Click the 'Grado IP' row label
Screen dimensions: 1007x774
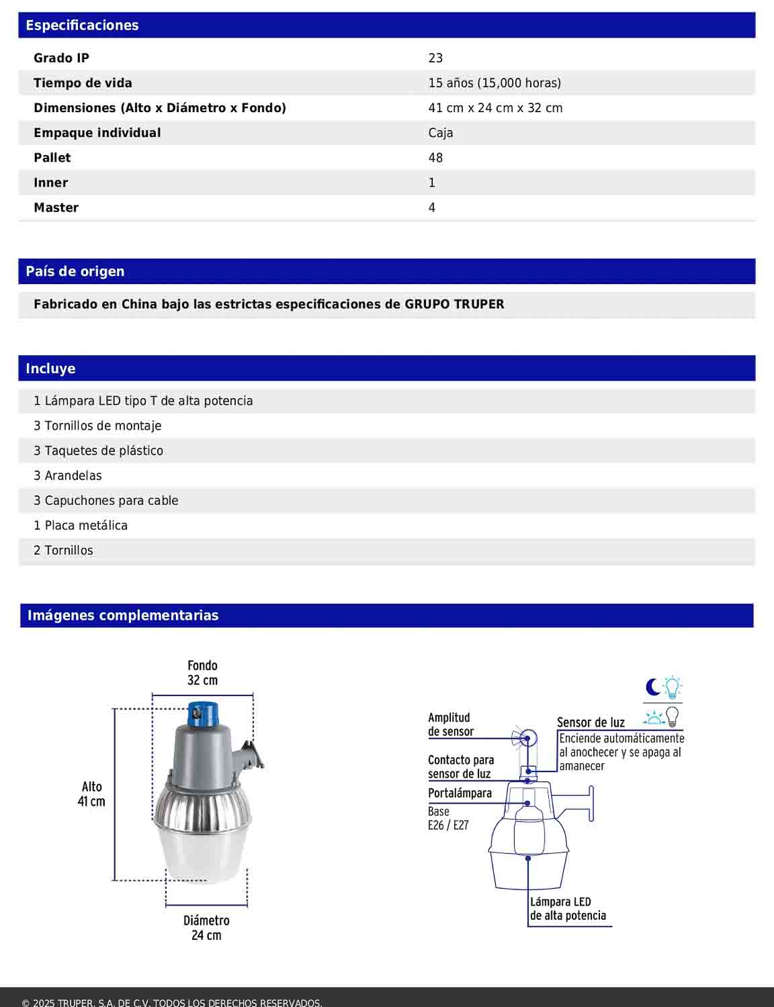pos(61,58)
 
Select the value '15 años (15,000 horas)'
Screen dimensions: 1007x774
pos(494,83)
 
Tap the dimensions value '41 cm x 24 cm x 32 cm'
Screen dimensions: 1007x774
pos(495,108)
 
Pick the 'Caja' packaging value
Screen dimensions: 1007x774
pos(441,133)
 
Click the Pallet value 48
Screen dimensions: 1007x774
pos(435,158)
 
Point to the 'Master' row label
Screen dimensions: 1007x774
pos(56,208)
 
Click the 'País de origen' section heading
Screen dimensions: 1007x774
pos(75,272)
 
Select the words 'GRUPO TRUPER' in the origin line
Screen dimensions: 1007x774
pos(454,304)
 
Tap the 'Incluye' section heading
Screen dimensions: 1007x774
pos(50,369)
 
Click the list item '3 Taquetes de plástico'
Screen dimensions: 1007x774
pos(98,451)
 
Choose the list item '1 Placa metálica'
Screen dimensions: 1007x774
pos(81,526)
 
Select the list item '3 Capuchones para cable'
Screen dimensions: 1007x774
pos(106,501)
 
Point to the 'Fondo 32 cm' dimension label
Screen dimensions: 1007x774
pos(202,673)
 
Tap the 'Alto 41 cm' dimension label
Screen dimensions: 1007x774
pos(91,794)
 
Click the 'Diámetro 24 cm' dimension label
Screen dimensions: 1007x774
pos(206,928)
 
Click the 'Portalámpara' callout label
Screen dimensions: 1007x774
pos(460,794)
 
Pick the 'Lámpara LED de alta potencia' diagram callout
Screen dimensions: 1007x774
pos(568,909)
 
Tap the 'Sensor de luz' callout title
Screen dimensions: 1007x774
pos(591,723)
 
